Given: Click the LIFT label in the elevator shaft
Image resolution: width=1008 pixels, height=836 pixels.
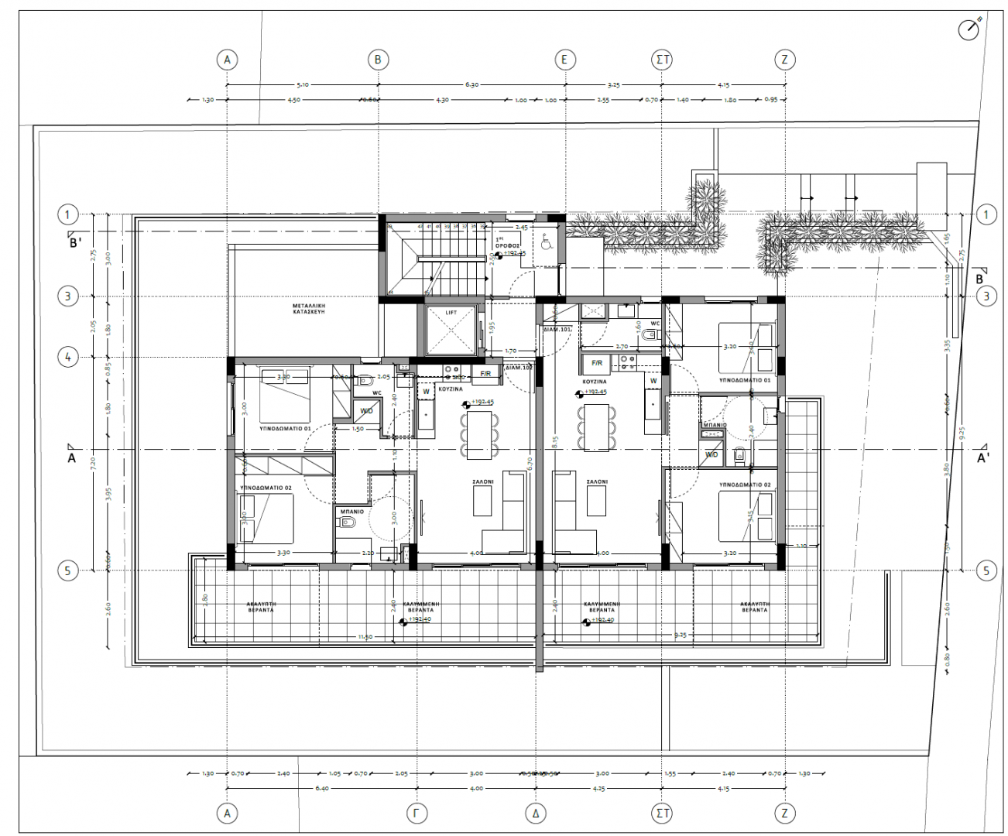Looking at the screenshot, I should [451, 313].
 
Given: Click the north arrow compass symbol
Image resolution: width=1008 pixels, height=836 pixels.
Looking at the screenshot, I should [969, 29].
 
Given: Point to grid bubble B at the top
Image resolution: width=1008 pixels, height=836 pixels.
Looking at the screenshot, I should [378, 60].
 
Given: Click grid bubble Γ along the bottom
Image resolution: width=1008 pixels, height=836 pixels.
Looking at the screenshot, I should [417, 813].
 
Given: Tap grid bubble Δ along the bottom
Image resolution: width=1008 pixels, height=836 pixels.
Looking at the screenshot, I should [536, 813].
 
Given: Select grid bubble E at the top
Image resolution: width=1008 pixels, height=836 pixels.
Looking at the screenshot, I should [565, 60].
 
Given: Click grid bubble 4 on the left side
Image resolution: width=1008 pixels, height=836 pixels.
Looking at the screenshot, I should [68, 357].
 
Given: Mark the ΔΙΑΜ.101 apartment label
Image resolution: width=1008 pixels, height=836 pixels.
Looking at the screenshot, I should [557, 328].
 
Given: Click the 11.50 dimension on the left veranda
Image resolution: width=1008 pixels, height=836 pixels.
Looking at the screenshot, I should [365, 636].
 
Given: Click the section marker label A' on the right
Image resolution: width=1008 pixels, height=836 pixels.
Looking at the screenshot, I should [983, 457].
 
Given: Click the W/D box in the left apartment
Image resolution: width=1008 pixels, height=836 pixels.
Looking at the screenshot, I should [365, 410].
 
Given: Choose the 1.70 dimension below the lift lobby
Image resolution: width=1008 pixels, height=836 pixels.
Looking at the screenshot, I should [510, 351].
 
